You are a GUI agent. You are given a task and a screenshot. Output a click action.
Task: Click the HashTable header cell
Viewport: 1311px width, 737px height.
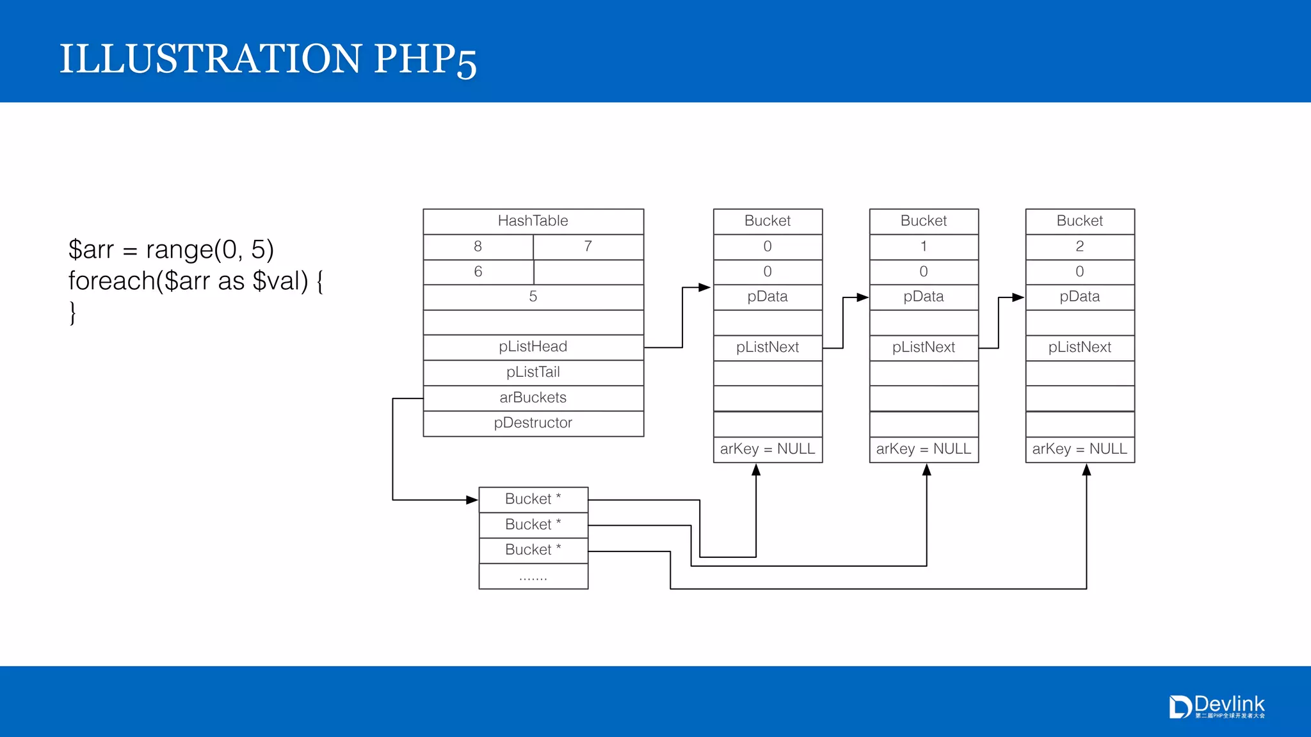[x=533, y=221]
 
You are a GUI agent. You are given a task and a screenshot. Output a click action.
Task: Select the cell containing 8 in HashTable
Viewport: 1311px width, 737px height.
[x=478, y=247]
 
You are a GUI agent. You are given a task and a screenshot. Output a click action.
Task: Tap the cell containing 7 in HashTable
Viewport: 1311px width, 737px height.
[x=588, y=247]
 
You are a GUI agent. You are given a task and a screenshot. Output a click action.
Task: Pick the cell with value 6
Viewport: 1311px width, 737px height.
[x=478, y=272]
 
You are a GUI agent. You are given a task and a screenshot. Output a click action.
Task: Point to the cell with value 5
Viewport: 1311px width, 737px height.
[x=533, y=297]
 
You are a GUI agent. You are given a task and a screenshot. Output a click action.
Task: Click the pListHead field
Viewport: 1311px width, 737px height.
[x=533, y=347]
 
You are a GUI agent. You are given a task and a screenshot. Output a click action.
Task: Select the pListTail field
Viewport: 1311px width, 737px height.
[x=533, y=372]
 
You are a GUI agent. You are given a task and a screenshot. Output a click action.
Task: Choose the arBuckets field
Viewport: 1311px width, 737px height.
[x=533, y=398]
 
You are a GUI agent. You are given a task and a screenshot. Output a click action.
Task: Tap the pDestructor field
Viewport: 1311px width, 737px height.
[x=533, y=423]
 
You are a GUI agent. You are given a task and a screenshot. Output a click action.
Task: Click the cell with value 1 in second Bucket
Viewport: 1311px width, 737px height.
[x=923, y=247]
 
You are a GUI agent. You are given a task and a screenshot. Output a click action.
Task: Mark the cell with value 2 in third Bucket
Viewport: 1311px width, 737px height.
[x=1079, y=247]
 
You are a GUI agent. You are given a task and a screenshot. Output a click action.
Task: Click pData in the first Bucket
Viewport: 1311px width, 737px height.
[x=767, y=297]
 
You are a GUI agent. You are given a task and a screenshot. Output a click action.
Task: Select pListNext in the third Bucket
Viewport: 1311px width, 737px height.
[x=1079, y=347]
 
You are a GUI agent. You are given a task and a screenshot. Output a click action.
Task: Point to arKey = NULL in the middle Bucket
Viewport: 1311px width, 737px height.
[x=923, y=449]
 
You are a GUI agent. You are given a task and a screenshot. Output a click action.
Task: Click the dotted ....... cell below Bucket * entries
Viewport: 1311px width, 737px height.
[x=533, y=576]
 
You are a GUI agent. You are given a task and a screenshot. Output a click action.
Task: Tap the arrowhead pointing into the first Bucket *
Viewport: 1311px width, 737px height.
[x=472, y=500]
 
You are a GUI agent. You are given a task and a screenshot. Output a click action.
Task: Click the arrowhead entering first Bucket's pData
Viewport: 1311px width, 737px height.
[x=705, y=288]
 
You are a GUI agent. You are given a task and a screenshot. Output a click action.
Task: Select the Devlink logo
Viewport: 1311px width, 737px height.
[x=1216, y=706]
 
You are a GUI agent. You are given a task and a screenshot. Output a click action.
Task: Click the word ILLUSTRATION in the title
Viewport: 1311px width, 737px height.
[x=210, y=59]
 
